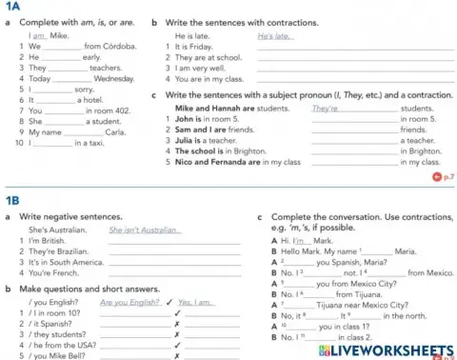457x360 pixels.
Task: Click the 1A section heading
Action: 12,8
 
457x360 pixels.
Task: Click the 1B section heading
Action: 12,202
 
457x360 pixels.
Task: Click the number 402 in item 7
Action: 126,110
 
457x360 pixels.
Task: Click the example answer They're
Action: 326,109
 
